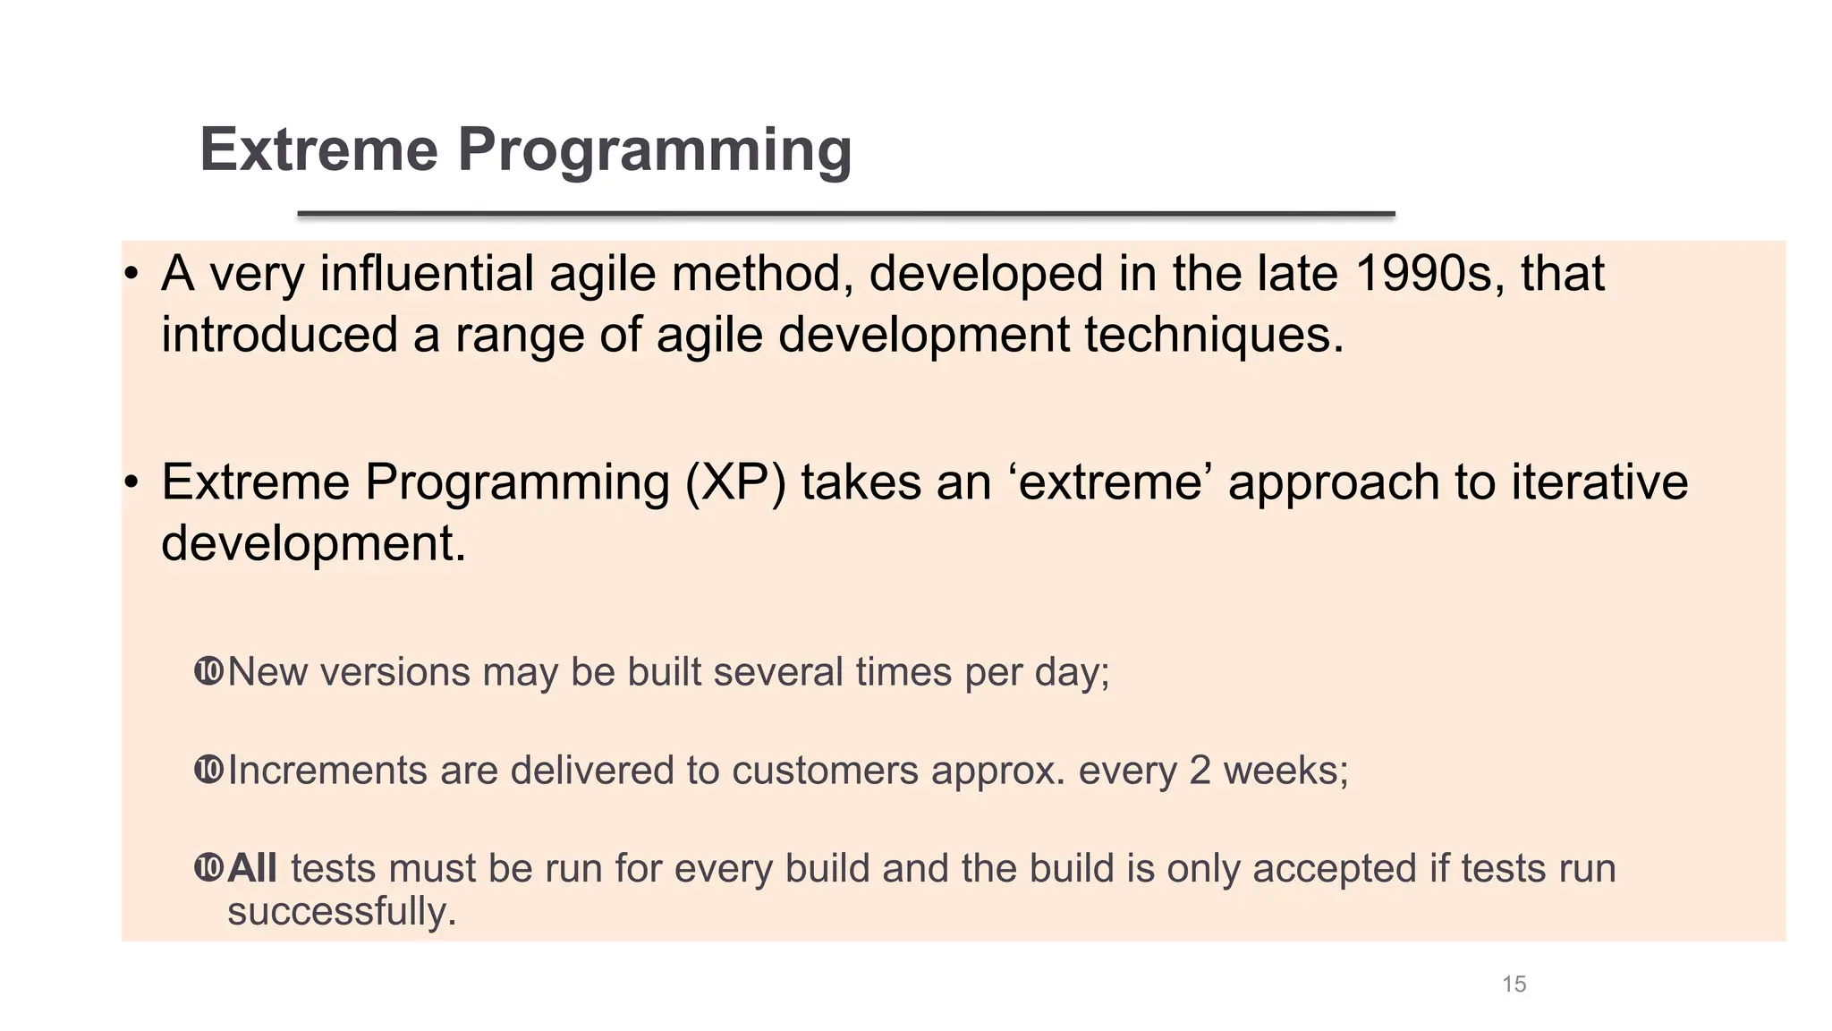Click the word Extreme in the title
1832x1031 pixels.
[x=318, y=149]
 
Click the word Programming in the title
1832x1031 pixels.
[x=655, y=149]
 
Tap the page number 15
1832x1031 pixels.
[x=1514, y=984]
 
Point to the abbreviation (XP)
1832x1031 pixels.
[x=735, y=482]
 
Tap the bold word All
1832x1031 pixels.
[x=252, y=868]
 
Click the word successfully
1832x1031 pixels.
[x=342, y=912]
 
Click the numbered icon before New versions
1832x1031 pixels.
[x=208, y=671]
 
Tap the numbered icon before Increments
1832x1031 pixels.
[x=208, y=770]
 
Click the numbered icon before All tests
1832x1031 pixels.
[x=208, y=867]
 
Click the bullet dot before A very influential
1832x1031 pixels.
[x=131, y=275]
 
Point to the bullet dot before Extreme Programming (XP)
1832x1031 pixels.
[x=131, y=483]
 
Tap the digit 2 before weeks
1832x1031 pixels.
[x=1200, y=771]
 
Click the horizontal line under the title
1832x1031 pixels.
[x=845, y=214]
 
